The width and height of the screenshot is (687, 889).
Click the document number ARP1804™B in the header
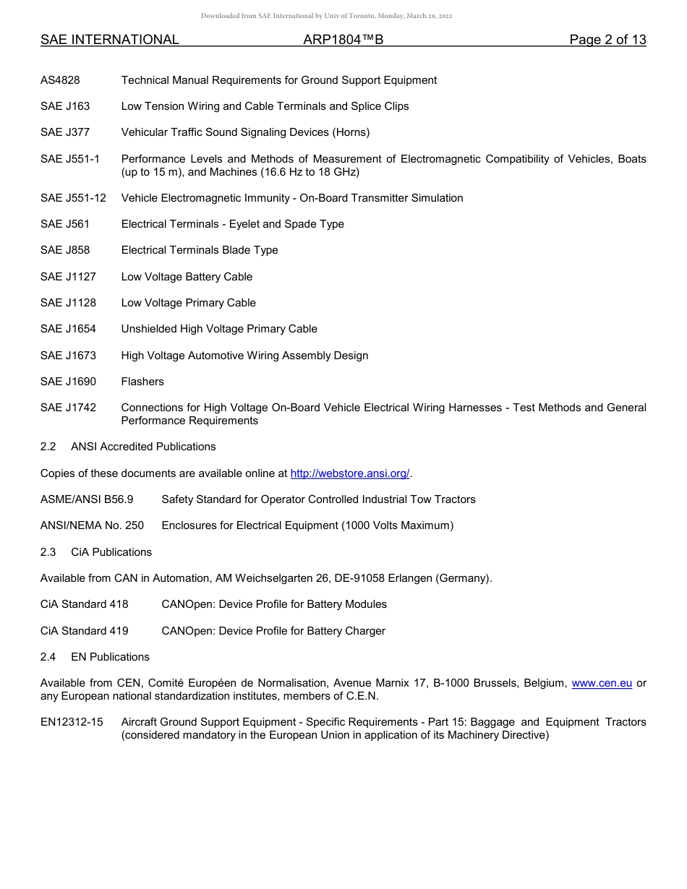click(x=343, y=40)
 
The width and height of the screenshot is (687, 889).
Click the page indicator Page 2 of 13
click(x=607, y=40)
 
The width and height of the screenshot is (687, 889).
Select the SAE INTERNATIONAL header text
click(x=110, y=40)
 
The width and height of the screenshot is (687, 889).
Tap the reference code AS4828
click(x=60, y=80)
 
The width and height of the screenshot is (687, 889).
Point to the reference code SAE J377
click(x=65, y=132)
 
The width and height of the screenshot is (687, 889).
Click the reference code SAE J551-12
click(x=73, y=198)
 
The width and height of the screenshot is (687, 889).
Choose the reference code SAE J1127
click(x=68, y=277)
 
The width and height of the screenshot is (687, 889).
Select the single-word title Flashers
click(x=142, y=382)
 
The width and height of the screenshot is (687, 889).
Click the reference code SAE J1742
click(x=68, y=408)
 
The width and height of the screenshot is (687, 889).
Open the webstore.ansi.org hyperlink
click(x=350, y=473)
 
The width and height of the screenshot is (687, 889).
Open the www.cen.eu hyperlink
click(x=602, y=683)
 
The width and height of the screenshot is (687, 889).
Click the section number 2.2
click(x=48, y=447)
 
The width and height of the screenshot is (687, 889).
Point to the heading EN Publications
click(x=110, y=657)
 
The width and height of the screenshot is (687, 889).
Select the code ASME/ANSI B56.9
click(x=87, y=499)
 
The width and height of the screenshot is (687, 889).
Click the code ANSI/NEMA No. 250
click(x=92, y=525)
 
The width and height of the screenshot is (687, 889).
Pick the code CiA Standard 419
click(x=84, y=631)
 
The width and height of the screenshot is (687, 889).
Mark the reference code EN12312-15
click(x=72, y=722)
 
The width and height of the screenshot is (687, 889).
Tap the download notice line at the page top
click(x=326, y=16)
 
